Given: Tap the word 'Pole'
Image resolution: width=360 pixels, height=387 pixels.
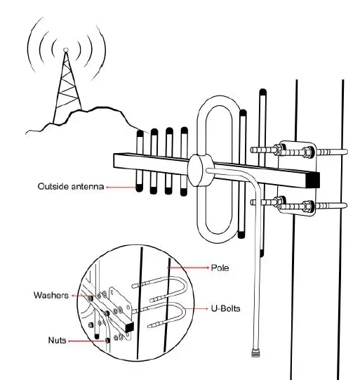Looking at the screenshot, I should pos(220,268).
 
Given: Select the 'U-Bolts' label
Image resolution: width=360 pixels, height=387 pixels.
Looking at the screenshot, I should pos(227,308).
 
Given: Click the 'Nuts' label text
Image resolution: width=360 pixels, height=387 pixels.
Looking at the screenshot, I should pos(57,341).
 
